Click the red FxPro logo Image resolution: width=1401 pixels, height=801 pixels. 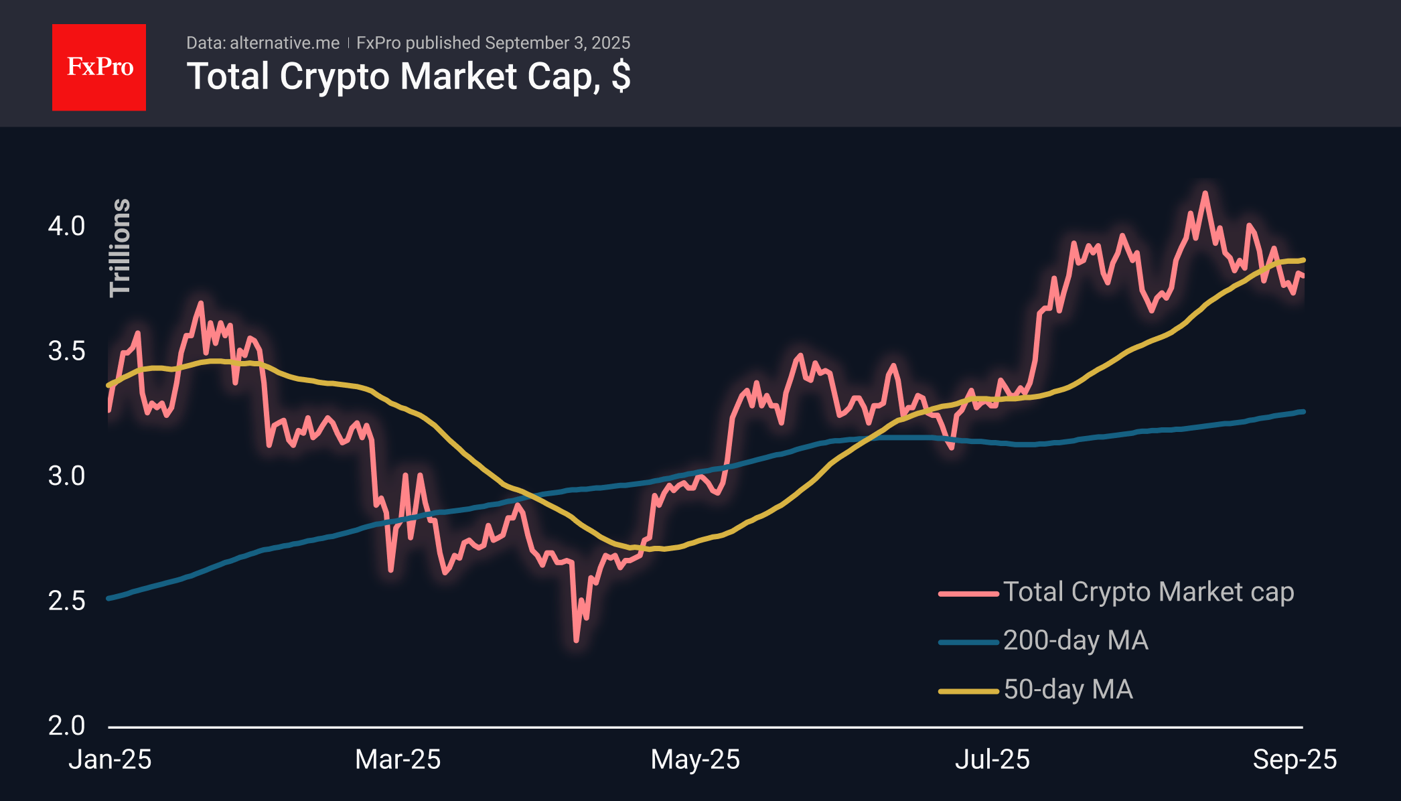point(99,67)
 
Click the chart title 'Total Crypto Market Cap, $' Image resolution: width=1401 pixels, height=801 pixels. point(409,76)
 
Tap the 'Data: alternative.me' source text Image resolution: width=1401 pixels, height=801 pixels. point(263,43)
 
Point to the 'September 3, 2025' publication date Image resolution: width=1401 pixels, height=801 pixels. point(557,43)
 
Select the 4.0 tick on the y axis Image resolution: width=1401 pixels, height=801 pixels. point(66,226)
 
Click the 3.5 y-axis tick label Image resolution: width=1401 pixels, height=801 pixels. point(66,351)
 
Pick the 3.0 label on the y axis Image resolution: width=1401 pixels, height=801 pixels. point(66,476)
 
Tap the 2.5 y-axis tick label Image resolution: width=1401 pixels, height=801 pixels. point(66,601)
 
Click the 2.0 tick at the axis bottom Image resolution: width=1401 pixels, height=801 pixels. point(66,725)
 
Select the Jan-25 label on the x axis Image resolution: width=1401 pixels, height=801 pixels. point(110,759)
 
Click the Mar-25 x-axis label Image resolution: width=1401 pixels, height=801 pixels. point(398,759)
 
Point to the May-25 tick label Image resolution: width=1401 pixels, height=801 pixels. point(695,759)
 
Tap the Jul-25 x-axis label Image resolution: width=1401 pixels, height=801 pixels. point(992,759)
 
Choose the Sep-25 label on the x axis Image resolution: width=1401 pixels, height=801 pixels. point(1294,759)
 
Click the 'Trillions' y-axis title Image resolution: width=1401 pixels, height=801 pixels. point(121,248)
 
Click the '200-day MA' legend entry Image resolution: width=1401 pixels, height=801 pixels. point(1075,641)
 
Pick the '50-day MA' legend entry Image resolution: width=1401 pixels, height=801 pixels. point(1067,690)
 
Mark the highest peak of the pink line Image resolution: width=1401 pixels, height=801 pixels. point(1205,194)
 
